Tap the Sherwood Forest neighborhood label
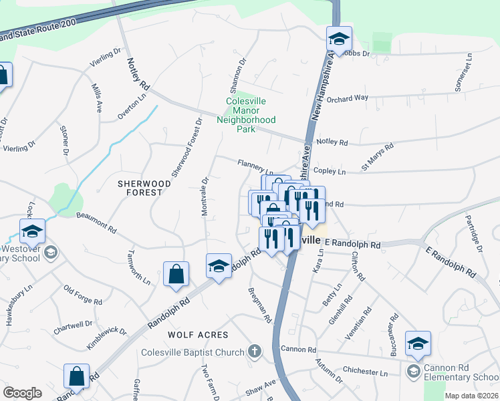(x=140, y=187)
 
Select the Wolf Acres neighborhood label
(x=198, y=334)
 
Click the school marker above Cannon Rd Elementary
(x=418, y=344)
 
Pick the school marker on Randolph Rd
(x=218, y=266)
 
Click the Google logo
(x=22, y=393)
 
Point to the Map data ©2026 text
(x=471, y=396)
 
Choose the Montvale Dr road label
(x=205, y=195)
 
